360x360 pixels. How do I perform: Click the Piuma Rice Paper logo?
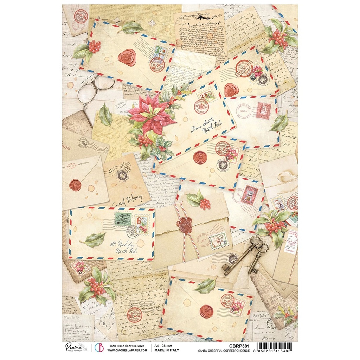click(75, 348)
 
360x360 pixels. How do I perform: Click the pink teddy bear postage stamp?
click(249, 195)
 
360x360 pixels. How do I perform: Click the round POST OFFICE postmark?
click(244, 69)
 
